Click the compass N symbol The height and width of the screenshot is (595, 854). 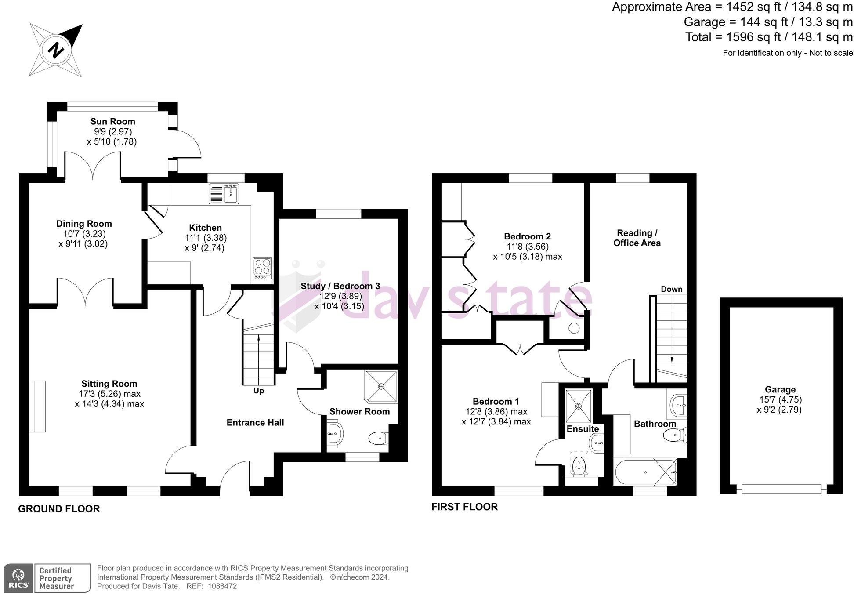(x=56, y=50)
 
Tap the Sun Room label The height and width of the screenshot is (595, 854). (x=112, y=122)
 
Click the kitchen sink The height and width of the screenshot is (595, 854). (x=231, y=193)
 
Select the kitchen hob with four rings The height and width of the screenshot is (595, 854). (x=262, y=268)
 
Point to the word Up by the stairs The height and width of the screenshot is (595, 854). (x=259, y=391)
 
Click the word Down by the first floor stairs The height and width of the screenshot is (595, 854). (x=671, y=289)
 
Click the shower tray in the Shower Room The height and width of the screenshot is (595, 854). (x=381, y=386)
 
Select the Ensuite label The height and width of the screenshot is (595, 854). (x=583, y=429)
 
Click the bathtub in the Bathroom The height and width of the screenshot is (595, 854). (x=645, y=472)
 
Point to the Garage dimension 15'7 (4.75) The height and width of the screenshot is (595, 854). (x=780, y=400)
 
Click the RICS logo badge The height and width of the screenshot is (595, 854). (x=18, y=578)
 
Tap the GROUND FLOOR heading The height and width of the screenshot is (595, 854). (x=59, y=509)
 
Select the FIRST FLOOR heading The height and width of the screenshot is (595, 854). (x=464, y=507)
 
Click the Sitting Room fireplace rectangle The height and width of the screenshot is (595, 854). (x=37, y=406)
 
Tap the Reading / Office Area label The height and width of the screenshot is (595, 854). (x=637, y=238)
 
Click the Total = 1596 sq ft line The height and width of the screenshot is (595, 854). (x=769, y=37)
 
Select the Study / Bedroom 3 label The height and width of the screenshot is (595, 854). (x=340, y=286)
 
